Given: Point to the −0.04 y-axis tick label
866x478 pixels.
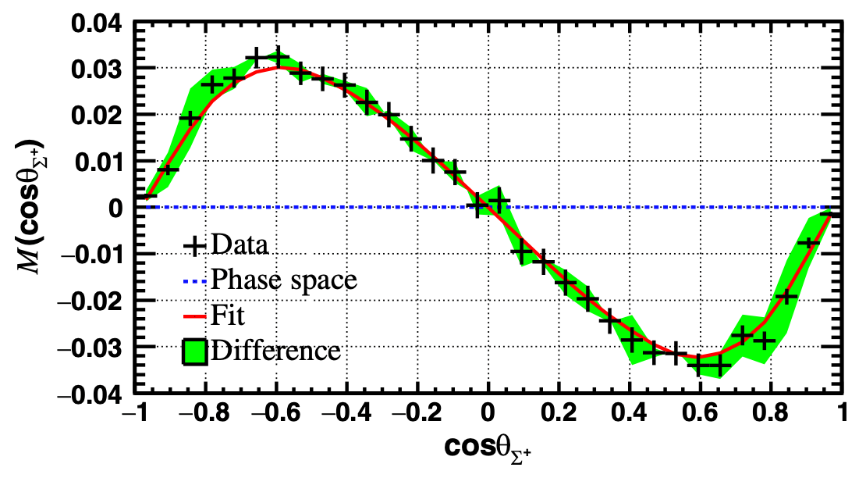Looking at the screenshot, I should [x=87, y=394].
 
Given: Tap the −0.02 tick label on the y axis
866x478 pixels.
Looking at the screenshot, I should [x=87, y=301].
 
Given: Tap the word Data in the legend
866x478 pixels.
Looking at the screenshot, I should [x=240, y=245].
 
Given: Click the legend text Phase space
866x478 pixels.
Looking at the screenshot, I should [x=284, y=279].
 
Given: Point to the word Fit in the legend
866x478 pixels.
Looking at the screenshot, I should [x=227, y=315].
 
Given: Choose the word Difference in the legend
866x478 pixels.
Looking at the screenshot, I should [x=275, y=350].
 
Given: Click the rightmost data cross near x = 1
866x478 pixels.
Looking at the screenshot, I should [x=832, y=213].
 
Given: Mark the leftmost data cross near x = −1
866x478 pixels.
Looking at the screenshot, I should [x=147, y=195].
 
